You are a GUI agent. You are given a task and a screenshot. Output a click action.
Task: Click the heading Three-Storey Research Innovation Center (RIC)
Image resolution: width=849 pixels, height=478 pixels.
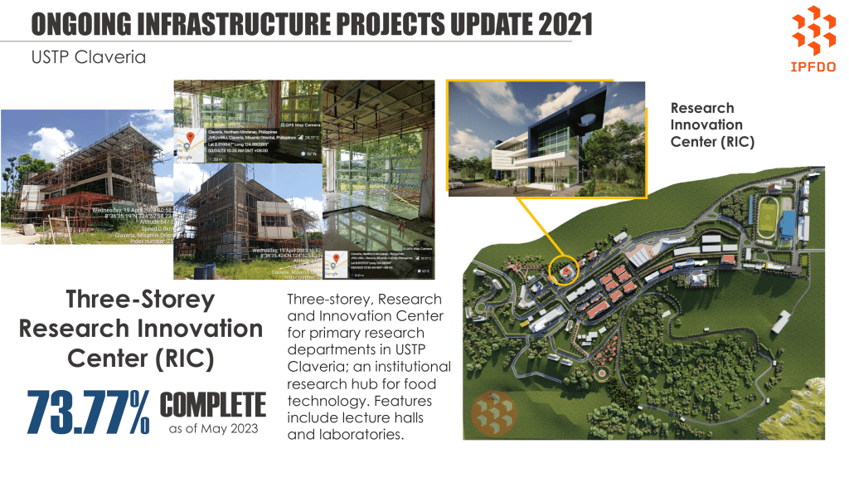pyautogui.click(x=141, y=329)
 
